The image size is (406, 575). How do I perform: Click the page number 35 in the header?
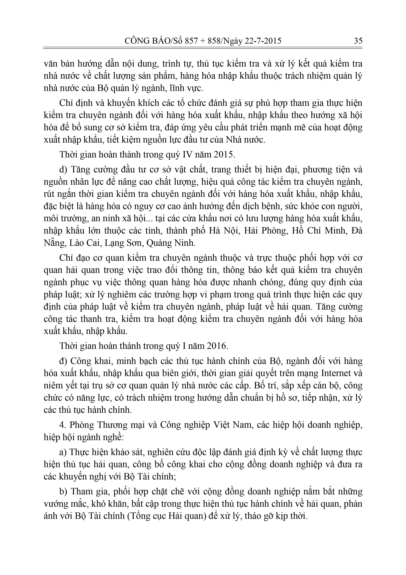(x=358, y=41)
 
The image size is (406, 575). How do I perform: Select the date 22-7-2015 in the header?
(x=263, y=41)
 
